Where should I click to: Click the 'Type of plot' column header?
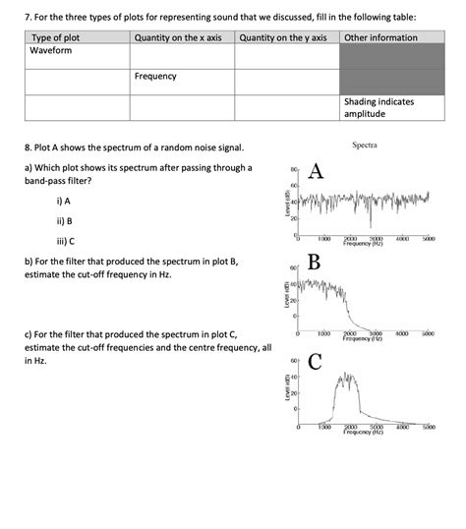pyautogui.click(x=56, y=37)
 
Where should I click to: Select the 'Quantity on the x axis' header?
pyautogui.click(x=178, y=37)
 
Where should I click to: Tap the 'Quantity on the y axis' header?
pyautogui.click(x=282, y=37)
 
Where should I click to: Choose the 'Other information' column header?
pyautogui.click(x=380, y=37)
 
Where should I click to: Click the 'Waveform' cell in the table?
pyautogui.click(x=51, y=50)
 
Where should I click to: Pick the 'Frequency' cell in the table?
pyautogui.click(x=155, y=77)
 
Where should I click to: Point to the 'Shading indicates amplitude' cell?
pyautogui.click(x=379, y=108)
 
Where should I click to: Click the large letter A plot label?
pyautogui.click(x=316, y=171)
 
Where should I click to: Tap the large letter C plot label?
pyautogui.click(x=315, y=362)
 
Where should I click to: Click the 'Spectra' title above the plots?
pyautogui.click(x=365, y=146)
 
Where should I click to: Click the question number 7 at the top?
pyautogui.click(x=28, y=17)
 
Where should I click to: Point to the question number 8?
pyautogui.click(x=27, y=148)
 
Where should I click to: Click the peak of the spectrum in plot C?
pyautogui.click(x=345, y=374)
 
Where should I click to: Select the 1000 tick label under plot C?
pyautogui.click(x=323, y=427)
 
